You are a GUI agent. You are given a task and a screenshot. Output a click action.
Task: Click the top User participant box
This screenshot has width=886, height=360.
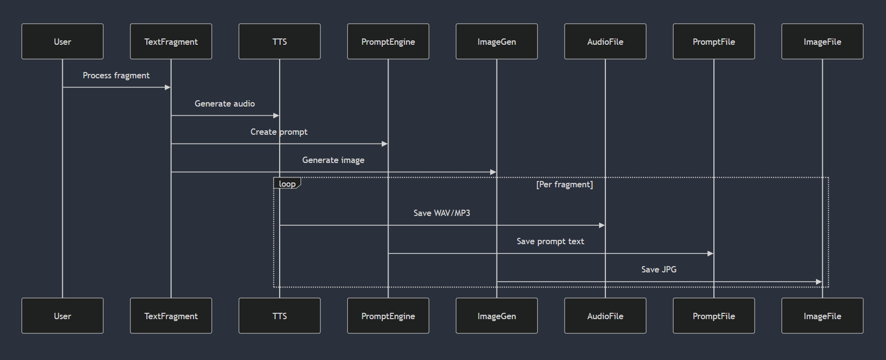tap(62, 41)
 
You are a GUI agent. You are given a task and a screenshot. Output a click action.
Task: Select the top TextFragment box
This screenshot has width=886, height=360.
tap(171, 41)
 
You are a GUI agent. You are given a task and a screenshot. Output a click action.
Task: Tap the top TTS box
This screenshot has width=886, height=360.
tap(280, 41)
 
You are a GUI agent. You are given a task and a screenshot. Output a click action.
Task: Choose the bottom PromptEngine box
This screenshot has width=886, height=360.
tap(388, 316)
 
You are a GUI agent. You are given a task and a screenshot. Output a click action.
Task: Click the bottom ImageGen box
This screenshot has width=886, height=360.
tap(496, 316)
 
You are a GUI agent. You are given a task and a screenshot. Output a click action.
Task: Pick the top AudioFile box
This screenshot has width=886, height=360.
tap(605, 41)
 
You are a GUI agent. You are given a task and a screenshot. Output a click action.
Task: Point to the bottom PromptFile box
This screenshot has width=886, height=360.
tap(714, 316)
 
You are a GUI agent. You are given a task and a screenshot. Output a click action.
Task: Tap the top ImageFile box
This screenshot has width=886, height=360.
tap(822, 41)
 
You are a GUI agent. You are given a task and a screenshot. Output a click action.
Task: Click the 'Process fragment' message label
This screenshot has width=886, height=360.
tap(116, 75)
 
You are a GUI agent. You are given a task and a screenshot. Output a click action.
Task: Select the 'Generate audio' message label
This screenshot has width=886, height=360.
tap(225, 104)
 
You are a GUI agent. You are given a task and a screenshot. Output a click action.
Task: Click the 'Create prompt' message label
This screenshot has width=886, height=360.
tap(279, 132)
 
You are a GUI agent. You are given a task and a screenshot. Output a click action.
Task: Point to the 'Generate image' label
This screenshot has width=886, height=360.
tap(333, 160)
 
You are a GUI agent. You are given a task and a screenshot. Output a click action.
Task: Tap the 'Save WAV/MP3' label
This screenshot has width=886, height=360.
tap(442, 213)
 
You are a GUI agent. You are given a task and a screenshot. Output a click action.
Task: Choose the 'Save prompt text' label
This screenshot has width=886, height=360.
tap(550, 241)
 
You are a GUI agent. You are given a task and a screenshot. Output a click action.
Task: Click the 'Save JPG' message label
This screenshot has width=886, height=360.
tap(659, 270)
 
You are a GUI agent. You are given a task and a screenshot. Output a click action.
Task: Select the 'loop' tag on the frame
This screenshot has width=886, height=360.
tap(287, 183)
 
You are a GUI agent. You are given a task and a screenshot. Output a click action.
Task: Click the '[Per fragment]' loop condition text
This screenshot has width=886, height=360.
tap(565, 184)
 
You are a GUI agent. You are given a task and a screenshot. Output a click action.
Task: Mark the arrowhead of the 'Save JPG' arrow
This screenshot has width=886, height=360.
tap(819, 282)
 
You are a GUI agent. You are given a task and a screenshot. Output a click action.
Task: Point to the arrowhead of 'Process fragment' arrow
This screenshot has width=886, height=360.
tap(168, 88)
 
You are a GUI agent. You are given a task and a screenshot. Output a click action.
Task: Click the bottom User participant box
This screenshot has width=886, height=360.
tap(62, 316)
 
